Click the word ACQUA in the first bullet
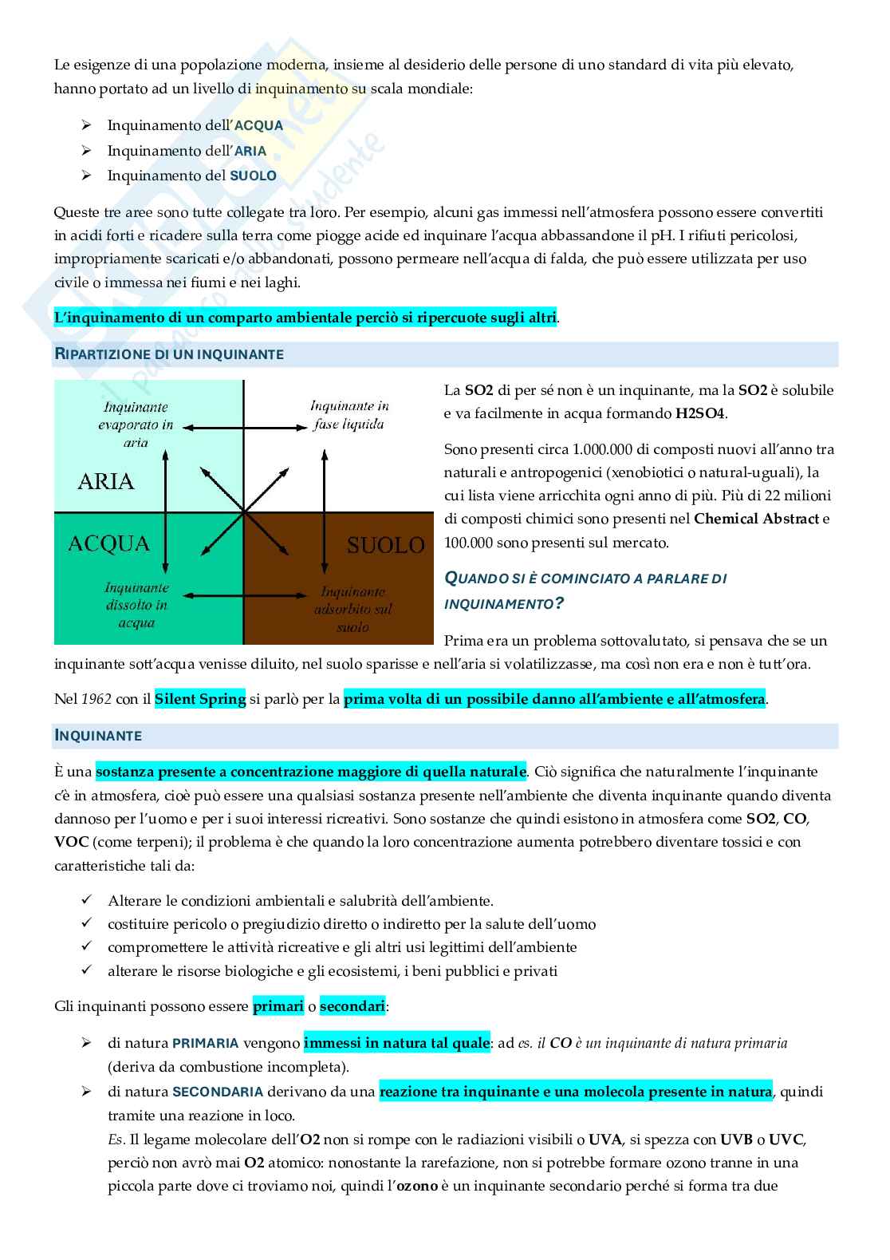point(258,125)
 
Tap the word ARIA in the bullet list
point(250,151)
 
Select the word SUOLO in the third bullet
point(253,176)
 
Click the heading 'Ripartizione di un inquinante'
point(169,354)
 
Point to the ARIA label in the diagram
point(106,481)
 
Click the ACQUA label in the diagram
point(109,543)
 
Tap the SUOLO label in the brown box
point(385,545)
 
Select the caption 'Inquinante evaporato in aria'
point(136,425)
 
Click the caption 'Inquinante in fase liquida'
point(349,415)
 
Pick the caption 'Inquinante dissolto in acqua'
point(136,605)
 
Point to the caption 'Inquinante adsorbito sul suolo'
point(352,609)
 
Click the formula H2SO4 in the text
point(700,413)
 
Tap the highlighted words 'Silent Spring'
point(200,699)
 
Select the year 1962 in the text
point(96,699)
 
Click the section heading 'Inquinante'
point(98,736)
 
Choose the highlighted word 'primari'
point(278,1006)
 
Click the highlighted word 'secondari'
point(352,1006)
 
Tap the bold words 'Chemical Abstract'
point(756,519)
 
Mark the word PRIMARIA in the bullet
point(206,1043)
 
